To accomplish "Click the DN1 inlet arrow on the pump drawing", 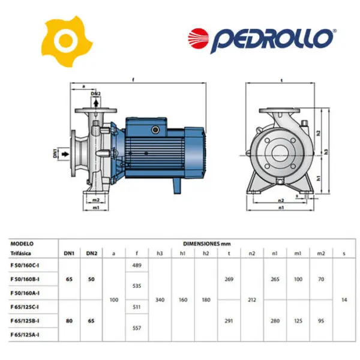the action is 65,154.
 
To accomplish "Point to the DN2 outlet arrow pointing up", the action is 96,103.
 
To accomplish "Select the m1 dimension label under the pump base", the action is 96,208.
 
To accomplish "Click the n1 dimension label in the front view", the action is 281,208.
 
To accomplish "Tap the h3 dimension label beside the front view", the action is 326,152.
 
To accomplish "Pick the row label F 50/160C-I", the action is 25,265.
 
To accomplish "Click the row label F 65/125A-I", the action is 25,335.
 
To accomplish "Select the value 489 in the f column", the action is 137,265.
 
